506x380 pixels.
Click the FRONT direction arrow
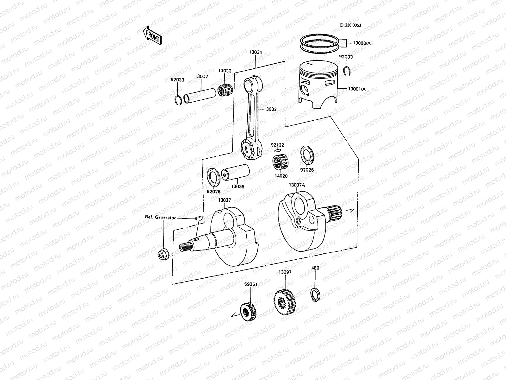[x=152, y=35]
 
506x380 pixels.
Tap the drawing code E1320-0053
[x=350, y=25]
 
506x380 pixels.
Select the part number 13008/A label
[x=361, y=43]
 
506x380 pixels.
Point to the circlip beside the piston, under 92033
[x=347, y=72]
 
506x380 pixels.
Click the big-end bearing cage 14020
[x=281, y=162]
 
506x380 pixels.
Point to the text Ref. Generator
[x=160, y=217]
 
